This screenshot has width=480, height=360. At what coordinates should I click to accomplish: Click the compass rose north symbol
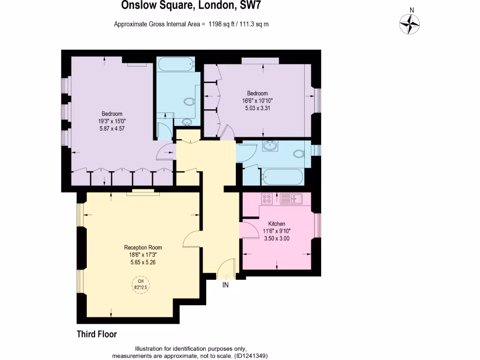[x=410, y=23]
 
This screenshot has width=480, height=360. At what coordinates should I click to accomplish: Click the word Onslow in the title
[x=135, y=6]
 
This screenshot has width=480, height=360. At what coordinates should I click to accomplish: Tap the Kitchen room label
[x=277, y=224]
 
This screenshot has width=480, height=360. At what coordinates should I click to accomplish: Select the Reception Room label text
[x=143, y=247]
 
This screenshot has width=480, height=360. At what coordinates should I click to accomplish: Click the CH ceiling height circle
[x=140, y=285]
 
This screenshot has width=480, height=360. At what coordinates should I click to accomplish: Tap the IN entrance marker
[x=225, y=285]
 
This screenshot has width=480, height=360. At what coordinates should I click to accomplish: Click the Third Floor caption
[x=97, y=334]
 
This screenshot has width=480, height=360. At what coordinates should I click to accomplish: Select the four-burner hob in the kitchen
[x=267, y=199]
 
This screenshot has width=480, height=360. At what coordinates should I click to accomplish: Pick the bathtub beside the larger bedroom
[x=174, y=63]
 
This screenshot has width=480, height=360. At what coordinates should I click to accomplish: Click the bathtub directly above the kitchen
[x=282, y=177]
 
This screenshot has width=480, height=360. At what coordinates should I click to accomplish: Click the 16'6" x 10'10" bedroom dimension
[x=257, y=100]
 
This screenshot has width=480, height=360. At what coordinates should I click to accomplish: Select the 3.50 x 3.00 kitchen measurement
[x=277, y=238]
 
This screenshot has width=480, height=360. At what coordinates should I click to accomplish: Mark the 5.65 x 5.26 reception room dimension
[x=143, y=262]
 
